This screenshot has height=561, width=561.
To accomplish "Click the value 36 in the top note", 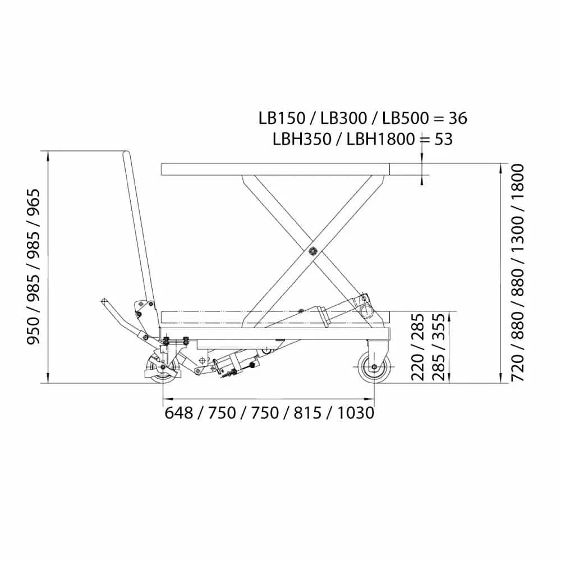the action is coord(458,118).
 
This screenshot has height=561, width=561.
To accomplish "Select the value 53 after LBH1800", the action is coord(444,139).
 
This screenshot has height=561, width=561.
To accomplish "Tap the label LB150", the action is coord(282,118).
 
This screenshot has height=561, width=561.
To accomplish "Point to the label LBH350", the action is coord(302,139).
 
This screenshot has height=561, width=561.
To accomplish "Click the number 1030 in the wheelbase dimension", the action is coord(356,413).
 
